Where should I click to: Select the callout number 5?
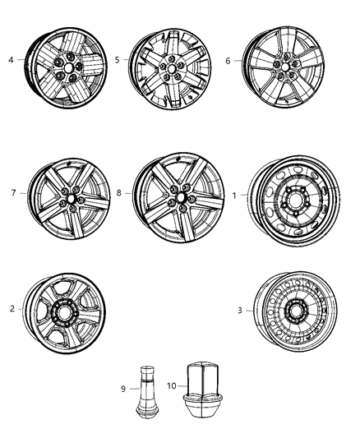[x=118, y=58]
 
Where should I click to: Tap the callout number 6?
[x=228, y=59]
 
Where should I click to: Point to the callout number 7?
[x=13, y=194]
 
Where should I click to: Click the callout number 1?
[x=235, y=195]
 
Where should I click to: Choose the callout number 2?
[x=12, y=309]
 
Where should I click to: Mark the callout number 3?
[x=239, y=311]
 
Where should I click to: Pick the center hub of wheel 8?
[x=178, y=199]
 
